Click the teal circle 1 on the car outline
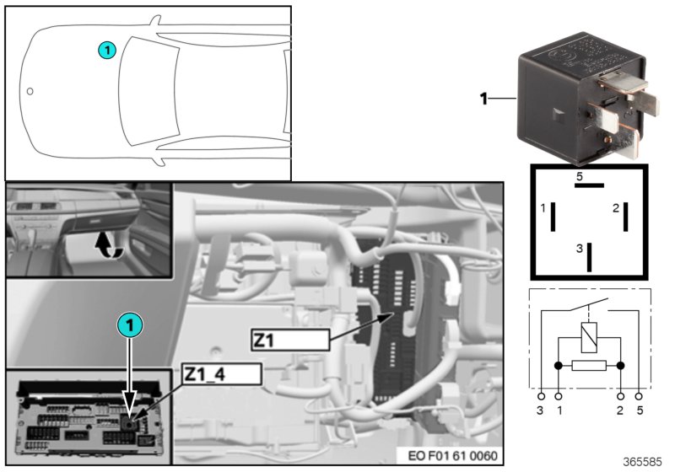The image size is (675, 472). pyautogui.click(x=107, y=51)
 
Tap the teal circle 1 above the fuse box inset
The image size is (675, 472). pyautogui.click(x=130, y=324)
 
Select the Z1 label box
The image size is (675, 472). pyautogui.click(x=290, y=341)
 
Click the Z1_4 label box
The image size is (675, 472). pyautogui.click(x=222, y=374)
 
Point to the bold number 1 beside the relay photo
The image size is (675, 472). pyautogui.click(x=483, y=99)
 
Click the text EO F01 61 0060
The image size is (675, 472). pyautogui.click(x=452, y=455)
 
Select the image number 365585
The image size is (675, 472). pyautogui.click(x=642, y=462)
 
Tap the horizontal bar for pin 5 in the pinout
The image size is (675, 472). pyautogui.click(x=589, y=185)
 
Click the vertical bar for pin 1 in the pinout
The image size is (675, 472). pyautogui.click(x=553, y=217)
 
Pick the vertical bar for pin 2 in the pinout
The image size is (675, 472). pyautogui.click(x=625, y=217)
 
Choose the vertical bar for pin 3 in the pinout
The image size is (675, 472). pyautogui.click(x=589, y=257)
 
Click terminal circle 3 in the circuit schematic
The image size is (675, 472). pyautogui.click(x=541, y=396)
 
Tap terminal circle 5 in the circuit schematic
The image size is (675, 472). pyautogui.click(x=640, y=396)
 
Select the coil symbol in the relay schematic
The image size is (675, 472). pyautogui.click(x=589, y=337)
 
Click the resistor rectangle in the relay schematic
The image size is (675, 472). pyautogui.click(x=589, y=366)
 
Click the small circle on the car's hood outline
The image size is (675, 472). pyautogui.click(x=30, y=91)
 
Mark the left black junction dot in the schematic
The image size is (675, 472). pyautogui.click(x=559, y=366)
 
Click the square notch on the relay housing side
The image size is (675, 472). pyautogui.click(x=559, y=115)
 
